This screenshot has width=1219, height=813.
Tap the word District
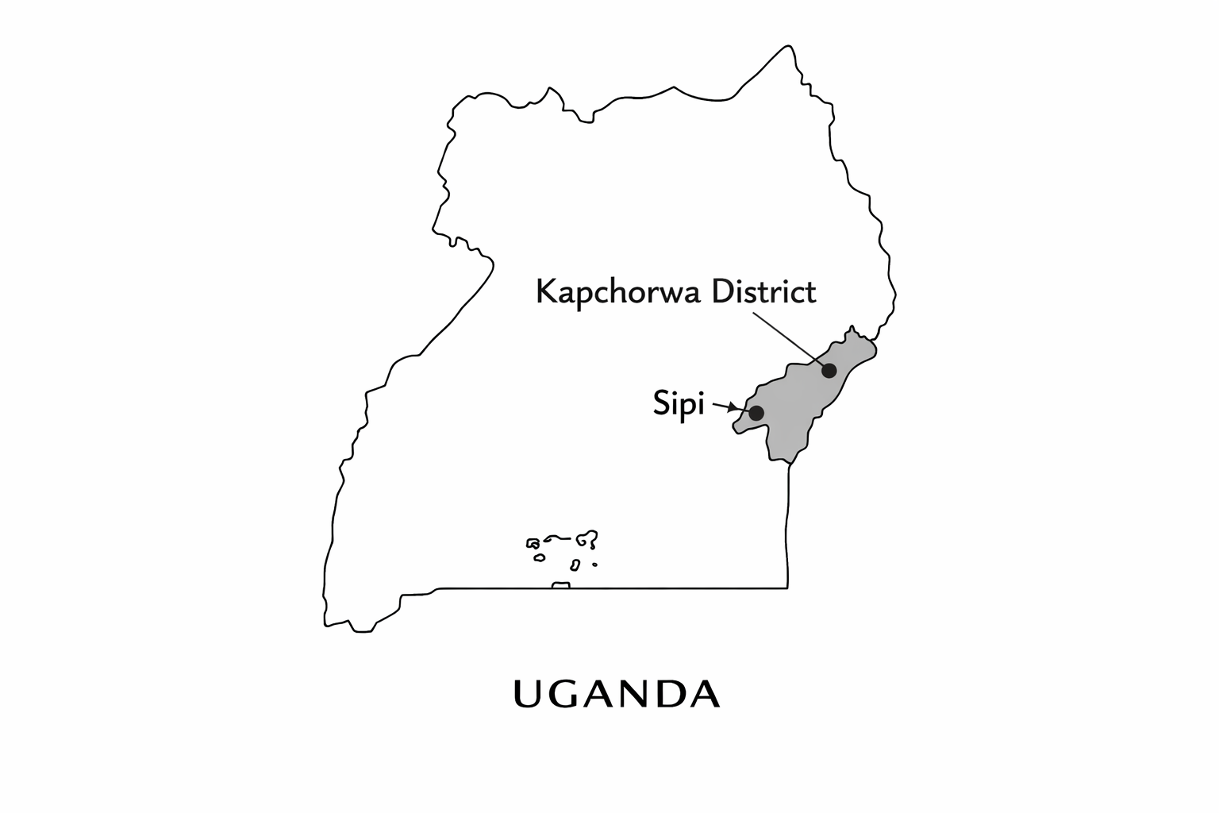pyautogui.click(x=763, y=291)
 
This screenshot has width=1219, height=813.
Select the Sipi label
pyautogui.click(x=679, y=404)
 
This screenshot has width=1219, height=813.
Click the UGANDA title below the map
pyautogui.click(x=617, y=694)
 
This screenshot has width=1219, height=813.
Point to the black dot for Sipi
pyautogui.click(x=756, y=413)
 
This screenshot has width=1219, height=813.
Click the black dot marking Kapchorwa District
pyautogui.click(x=829, y=370)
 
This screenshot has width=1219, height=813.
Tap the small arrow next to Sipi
pyautogui.click(x=725, y=407)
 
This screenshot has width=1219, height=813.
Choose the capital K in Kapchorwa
pyautogui.click(x=546, y=291)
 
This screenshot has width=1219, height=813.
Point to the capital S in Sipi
pyautogui.click(x=661, y=403)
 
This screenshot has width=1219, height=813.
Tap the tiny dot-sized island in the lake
pyautogui.click(x=594, y=565)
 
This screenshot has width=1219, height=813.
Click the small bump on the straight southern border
pyautogui.click(x=561, y=585)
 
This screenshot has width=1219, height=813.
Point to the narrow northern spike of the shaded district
pyautogui.click(x=852, y=329)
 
